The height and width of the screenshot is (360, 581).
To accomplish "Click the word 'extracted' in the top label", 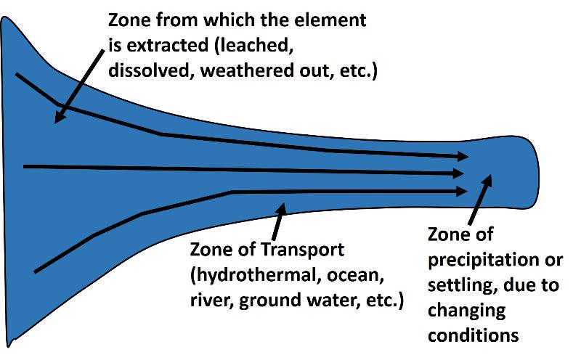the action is [168, 45].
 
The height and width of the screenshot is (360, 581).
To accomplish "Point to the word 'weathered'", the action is [244, 70].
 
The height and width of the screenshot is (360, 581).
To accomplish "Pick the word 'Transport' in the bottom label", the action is [303, 250].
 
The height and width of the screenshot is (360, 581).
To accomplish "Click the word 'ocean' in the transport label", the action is [356, 276].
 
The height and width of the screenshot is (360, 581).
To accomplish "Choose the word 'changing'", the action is [466, 311].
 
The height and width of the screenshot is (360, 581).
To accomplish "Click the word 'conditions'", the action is [474, 335].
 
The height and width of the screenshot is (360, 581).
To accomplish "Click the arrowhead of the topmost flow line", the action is [463, 156].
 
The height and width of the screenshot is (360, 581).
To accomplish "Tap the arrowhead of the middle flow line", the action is [459, 173].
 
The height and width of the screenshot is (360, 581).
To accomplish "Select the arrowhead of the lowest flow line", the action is [462, 191].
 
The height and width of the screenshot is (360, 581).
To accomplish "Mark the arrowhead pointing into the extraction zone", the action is [60, 117].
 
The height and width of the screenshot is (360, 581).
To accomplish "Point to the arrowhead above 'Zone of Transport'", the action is [282, 209].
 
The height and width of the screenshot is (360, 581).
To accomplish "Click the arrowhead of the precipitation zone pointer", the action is [487, 181].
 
